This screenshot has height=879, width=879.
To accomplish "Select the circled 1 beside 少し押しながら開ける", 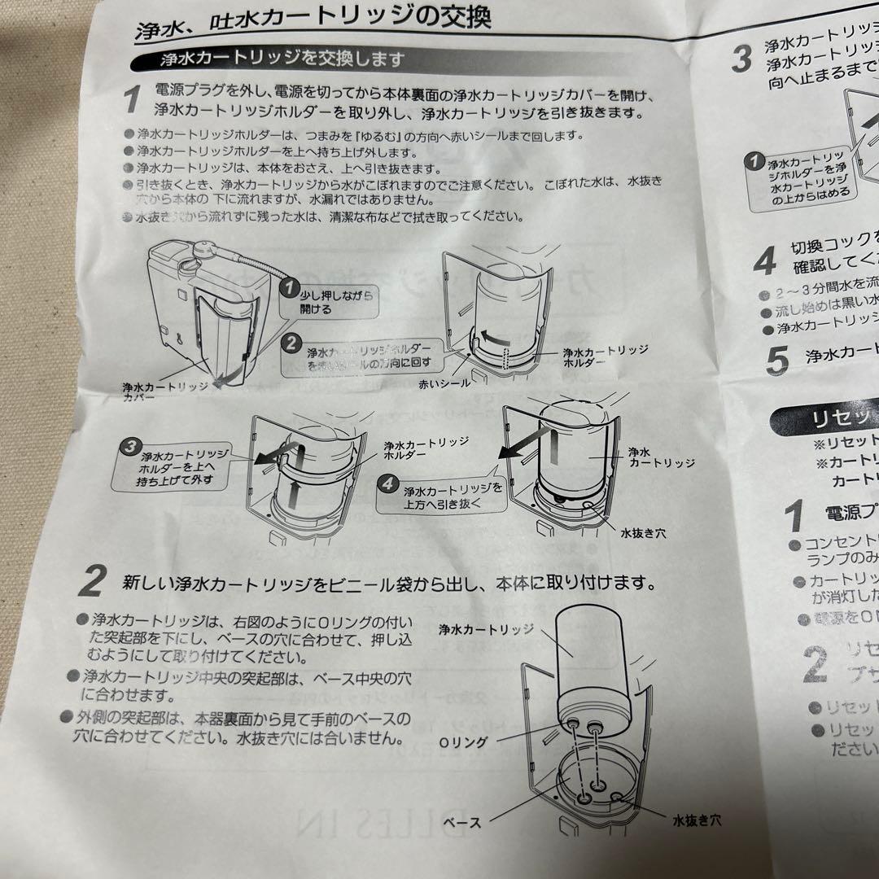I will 286,287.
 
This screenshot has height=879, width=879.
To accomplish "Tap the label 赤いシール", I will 444,383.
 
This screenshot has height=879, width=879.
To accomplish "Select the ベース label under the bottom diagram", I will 461,822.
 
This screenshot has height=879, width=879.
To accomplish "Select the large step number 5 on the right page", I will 777,359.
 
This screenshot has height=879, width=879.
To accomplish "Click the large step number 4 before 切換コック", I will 763,260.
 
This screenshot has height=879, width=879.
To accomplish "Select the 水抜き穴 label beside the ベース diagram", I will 696,820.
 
